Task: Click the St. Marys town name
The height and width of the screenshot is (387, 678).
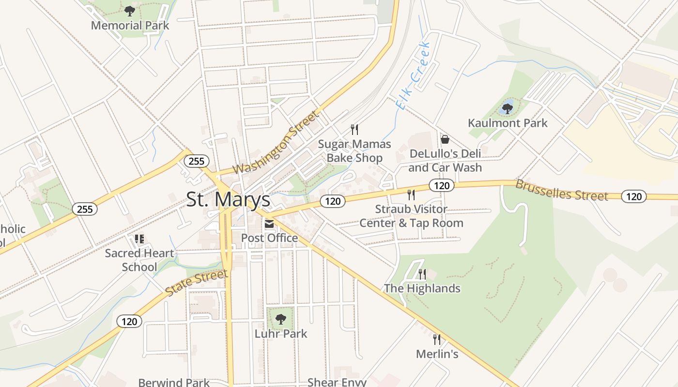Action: pos(228,199)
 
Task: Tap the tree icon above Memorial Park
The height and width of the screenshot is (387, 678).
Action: pos(129,11)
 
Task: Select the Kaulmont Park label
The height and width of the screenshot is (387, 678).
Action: pos(508,123)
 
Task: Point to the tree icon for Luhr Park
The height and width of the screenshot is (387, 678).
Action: pos(280,319)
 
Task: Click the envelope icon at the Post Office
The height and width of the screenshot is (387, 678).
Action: pos(269,224)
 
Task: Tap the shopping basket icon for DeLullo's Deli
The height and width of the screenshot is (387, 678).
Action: pos(445,139)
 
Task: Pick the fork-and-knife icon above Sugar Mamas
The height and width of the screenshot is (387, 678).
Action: pos(354,129)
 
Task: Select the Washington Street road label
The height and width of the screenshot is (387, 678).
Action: pos(277,142)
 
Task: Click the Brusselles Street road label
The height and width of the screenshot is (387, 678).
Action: pos(561,190)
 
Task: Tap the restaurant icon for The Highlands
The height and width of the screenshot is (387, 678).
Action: pos(422,274)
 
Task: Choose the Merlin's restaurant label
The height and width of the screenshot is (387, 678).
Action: pos(437,354)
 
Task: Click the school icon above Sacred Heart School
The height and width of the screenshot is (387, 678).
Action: pos(139,238)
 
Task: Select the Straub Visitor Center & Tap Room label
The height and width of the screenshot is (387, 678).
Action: pos(411,216)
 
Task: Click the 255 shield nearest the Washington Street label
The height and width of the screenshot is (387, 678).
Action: pos(196,161)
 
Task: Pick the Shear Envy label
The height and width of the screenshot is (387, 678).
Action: pos(337,382)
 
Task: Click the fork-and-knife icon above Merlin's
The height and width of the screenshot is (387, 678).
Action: pos(437,339)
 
